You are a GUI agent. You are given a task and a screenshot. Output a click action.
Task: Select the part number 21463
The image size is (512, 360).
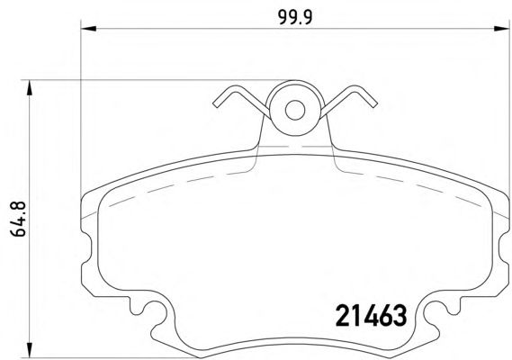click(x=370, y=314)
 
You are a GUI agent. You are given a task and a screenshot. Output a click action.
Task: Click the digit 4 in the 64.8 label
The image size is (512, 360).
click(x=14, y=225)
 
